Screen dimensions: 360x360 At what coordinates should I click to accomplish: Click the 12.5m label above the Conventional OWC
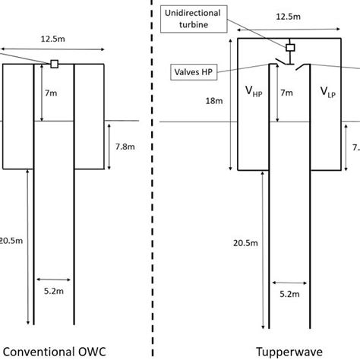pyautogui.click(x=53, y=37)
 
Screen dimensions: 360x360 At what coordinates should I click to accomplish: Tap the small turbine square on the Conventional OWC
pyautogui.click(x=54, y=64)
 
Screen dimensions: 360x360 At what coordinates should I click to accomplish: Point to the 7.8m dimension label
pyautogui.click(x=122, y=144)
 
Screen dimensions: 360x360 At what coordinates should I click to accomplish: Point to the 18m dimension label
pyautogui.click(x=219, y=100)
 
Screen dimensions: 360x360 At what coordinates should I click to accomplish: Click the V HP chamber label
pyautogui.click(x=253, y=92)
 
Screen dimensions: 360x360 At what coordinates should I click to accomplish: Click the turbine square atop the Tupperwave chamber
pyautogui.click(x=289, y=48)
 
